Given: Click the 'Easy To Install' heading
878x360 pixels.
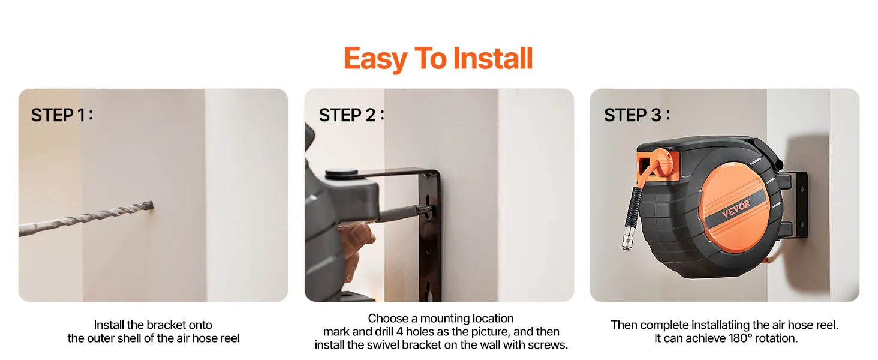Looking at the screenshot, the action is point(438,58).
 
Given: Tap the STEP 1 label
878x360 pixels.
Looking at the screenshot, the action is point(62,115).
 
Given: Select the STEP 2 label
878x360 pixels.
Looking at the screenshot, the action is point(351,115).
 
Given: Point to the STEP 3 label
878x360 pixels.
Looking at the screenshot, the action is point(637,115).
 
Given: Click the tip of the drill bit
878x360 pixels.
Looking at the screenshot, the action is point(152,205).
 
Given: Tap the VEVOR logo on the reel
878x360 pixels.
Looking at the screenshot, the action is point(736,208).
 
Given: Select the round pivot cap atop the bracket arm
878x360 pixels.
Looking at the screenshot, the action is point(341,173).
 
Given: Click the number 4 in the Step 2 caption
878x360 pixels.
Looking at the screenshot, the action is point(399,332).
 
